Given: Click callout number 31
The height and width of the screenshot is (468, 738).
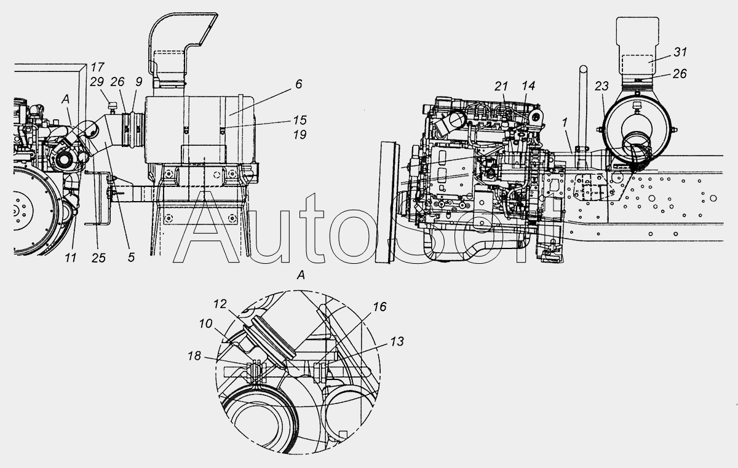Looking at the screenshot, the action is click(x=680, y=52).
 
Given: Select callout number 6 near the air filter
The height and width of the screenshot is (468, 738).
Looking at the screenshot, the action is click(x=298, y=84).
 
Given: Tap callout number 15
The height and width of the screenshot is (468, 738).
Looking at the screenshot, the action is click(x=300, y=120).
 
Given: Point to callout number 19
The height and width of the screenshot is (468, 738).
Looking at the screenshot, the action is click(x=300, y=135).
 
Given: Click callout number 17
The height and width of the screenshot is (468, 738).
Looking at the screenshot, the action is click(x=97, y=67).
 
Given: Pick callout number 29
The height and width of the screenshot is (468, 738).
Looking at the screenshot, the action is click(x=97, y=82).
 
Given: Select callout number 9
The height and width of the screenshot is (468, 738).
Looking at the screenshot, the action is click(x=138, y=82).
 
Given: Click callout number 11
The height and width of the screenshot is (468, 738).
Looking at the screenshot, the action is click(x=71, y=258).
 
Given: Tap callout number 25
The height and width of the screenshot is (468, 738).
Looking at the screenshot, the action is click(x=98, y=258).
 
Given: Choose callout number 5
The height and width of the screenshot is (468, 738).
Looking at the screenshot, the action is click(x=131, y=258).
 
